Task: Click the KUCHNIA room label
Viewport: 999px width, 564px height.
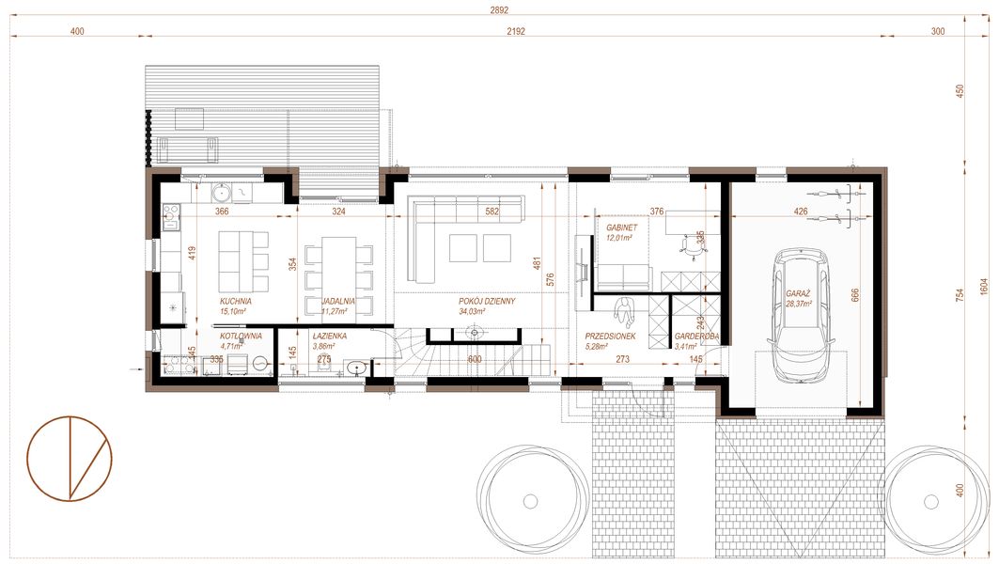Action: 236,302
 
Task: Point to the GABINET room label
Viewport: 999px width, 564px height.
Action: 618,228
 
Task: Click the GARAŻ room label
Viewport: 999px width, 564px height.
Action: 801,294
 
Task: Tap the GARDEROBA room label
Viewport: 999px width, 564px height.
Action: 696,337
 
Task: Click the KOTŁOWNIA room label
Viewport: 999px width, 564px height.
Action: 240,336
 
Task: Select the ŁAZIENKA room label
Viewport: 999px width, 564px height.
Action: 331,336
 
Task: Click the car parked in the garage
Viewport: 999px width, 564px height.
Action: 799,314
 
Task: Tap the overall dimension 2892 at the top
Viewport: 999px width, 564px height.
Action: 499,10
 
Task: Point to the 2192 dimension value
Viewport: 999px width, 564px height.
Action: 515,31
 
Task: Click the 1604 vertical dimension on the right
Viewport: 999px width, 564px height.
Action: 983,285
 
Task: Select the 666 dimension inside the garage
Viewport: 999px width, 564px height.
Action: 856,294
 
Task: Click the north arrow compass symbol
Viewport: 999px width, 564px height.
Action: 70,458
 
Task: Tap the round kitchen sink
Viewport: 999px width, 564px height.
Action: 223,195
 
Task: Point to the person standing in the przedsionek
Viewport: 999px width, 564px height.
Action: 624,309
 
